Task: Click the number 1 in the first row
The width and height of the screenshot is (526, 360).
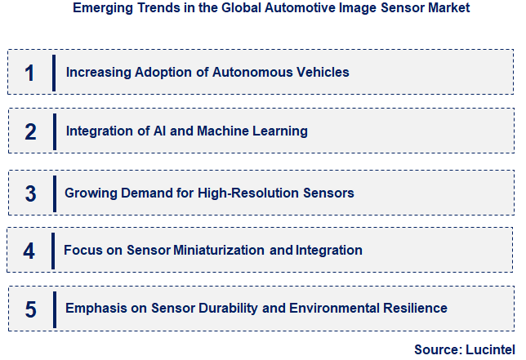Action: point(30,73)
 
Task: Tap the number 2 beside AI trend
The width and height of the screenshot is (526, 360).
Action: point(31,131)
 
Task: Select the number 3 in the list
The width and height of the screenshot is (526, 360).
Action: point(31,193)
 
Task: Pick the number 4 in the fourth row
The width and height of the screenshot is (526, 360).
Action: point(29,251)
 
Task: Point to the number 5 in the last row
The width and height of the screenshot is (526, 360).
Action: point(31,309)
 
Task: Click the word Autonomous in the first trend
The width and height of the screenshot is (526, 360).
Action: point(246,72)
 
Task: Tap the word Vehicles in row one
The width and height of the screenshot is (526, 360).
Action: point(322,72)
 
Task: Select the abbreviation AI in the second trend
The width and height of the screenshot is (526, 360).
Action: point(160,131)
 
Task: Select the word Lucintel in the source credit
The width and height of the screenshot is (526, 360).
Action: point(487,349)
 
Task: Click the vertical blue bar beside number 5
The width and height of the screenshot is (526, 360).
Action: point(54,308)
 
